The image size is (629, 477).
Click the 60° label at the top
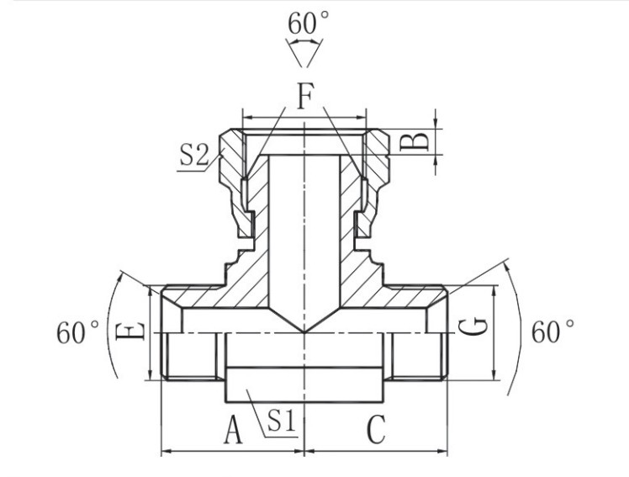click(x=304, y=24)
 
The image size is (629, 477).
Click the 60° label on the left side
click(x=78, y=333)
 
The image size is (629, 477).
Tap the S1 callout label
click(x=281, y=420)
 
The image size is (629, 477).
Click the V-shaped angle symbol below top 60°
click(x=304, y=55)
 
